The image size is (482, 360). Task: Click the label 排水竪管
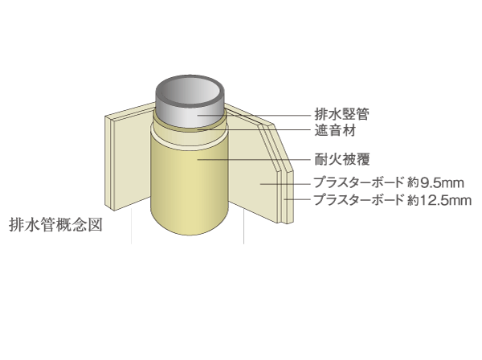[x=341, y=114]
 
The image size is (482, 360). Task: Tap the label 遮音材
[x=335, y=130]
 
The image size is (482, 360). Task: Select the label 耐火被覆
[x=342, y=159]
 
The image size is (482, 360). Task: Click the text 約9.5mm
[x=435, y=183]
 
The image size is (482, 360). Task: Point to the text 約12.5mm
[x=439, y=200]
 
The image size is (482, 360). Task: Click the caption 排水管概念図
[x=55, y=225]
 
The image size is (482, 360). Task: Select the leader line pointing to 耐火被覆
[x=254, y=159]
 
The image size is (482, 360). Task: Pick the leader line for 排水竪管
[x=254, y=115]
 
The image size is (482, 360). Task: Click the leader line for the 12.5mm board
[x=297, y=199]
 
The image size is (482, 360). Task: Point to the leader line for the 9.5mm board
[x=285, y=184]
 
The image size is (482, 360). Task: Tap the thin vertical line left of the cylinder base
[x=132, y=226]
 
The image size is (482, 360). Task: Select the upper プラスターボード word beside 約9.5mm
[x=358, y=182]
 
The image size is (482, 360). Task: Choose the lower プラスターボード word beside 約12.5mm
[x=358, y=200]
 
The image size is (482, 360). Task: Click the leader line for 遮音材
[x=254, y=129]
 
